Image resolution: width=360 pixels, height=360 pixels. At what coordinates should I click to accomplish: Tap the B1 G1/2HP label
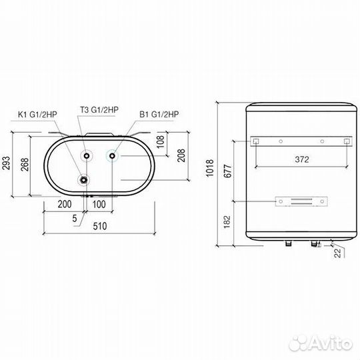click(x=159, y=114)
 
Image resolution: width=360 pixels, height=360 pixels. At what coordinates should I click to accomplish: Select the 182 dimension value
click(x=227, y=221)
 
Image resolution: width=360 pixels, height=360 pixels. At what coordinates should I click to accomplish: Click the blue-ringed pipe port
click(x=113, y=156)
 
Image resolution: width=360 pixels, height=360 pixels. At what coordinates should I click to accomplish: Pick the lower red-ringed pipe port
click(x=84, y=179)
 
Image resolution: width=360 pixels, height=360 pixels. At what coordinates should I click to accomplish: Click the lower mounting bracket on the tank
click(x=302, y=201)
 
